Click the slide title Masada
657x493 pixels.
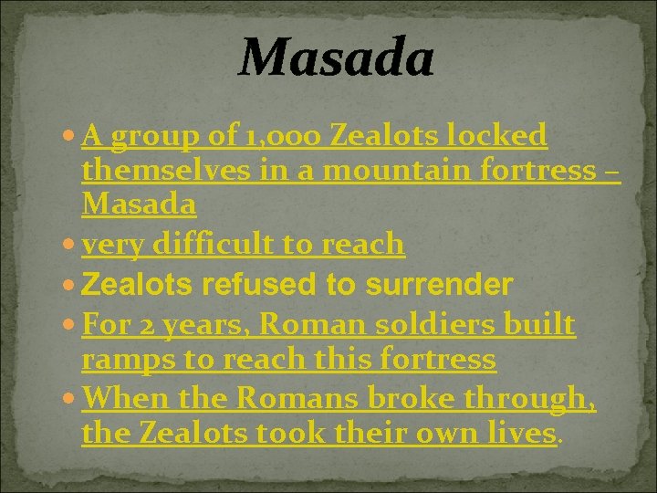[x=336, y=57]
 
